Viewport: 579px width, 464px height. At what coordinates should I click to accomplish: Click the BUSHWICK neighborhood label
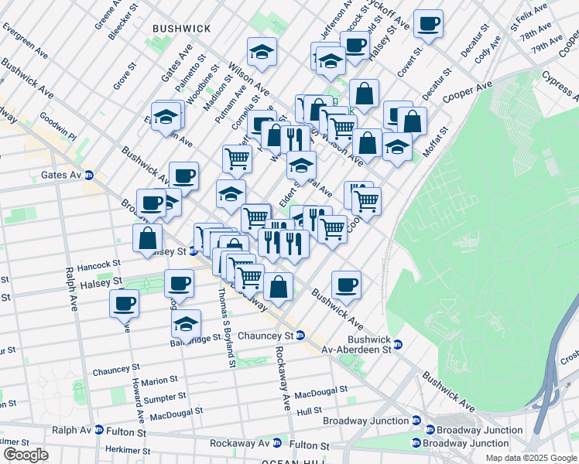(182, 28)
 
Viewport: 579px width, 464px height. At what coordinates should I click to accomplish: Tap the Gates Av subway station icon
(89, 176)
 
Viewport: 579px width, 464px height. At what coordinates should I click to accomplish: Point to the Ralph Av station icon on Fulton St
(98, 430)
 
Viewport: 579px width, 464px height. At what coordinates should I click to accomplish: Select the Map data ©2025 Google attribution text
(531, 458)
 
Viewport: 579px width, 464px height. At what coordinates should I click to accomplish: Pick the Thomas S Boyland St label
(225, 325)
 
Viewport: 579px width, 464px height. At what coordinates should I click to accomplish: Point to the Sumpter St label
(164, 397)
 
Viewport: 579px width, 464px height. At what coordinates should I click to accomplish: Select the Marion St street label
(160, 380)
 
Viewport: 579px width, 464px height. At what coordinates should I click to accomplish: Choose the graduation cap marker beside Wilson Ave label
(262, 51)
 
